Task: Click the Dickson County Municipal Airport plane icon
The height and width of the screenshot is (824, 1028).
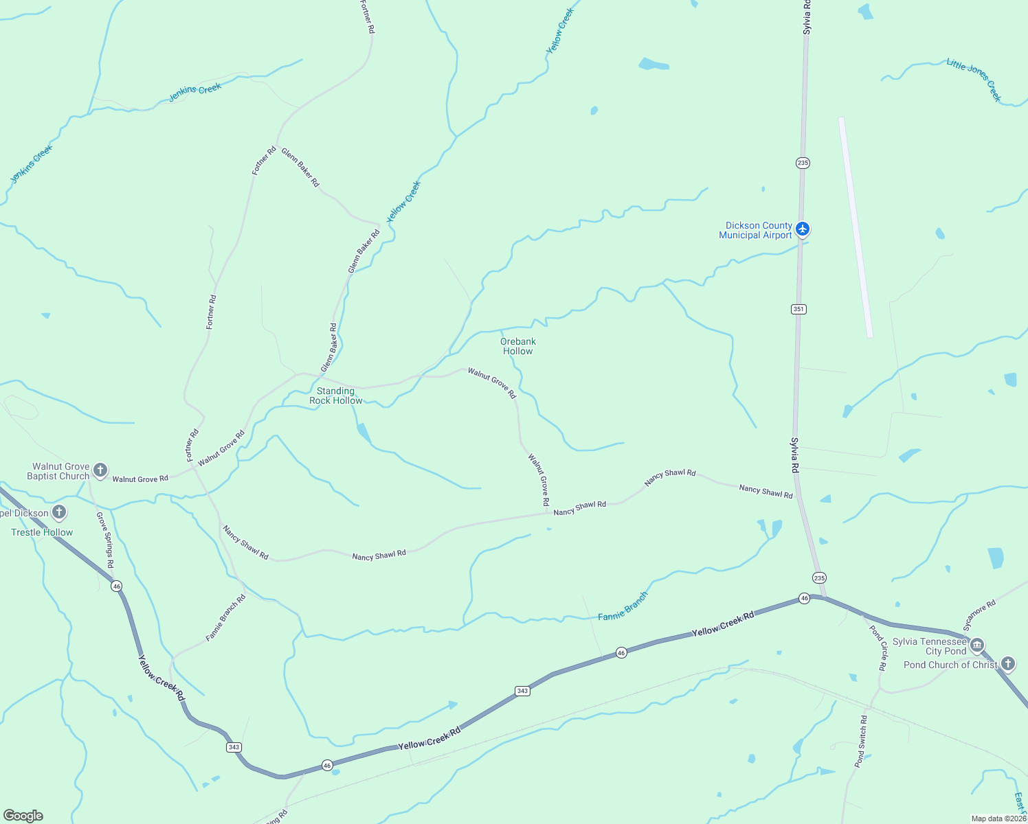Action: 803,229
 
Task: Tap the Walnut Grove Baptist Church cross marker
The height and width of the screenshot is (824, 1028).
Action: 100,470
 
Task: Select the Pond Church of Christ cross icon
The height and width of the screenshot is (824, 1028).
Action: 1008,663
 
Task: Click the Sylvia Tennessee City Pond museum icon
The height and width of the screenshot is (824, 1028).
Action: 977,645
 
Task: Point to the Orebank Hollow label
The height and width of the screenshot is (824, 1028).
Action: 518,346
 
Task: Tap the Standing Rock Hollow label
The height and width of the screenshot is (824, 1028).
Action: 335,396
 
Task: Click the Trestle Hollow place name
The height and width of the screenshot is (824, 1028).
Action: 42,532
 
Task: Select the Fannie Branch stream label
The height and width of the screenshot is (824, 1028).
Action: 623,606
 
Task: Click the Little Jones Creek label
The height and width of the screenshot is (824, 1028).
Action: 974,80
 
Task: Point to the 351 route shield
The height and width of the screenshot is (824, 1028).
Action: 798,309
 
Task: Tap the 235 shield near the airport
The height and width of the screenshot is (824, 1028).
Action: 803,163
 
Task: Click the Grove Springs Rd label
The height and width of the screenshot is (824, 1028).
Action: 105,540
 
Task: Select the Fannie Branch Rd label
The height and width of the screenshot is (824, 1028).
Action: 225,618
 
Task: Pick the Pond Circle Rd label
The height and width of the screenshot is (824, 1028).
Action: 878,648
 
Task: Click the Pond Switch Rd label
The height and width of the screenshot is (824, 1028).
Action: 860,741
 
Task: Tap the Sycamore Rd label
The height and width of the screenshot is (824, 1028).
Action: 979,616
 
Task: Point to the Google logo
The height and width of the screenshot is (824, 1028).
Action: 23,816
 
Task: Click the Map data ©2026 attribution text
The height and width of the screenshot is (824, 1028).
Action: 998,819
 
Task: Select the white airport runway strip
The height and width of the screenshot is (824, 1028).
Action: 856,227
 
